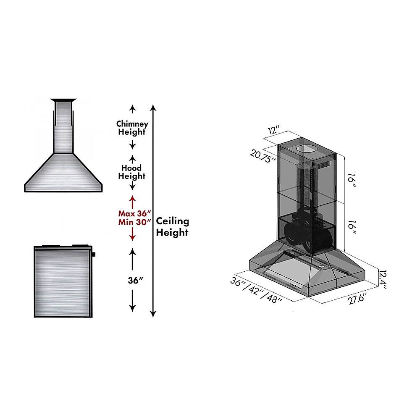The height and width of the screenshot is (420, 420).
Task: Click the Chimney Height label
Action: point(132,128)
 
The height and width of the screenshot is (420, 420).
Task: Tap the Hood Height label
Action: point(132,172)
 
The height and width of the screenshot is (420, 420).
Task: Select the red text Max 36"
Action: point(134,213)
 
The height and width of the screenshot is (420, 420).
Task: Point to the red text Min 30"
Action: point(134,223)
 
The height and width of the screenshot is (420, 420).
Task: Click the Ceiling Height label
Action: point(173,227)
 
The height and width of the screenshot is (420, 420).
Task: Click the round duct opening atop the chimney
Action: point(306,149)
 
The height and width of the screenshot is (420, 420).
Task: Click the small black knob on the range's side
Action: point(93,254)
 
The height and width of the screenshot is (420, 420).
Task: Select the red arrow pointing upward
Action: point(132,200)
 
